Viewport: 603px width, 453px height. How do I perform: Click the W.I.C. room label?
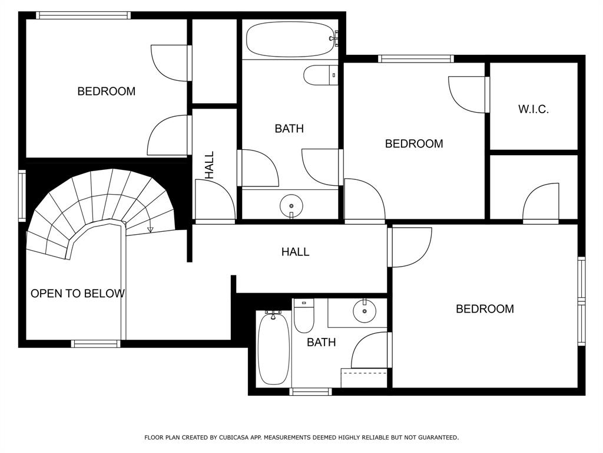[x=534, y=109]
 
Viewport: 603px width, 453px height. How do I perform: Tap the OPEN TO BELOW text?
[x=77, y=293]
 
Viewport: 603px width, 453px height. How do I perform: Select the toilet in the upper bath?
[x=319, y=75]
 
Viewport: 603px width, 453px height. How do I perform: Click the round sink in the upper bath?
[x=291, y=206]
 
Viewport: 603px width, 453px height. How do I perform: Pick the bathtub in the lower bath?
[x=273, y=349]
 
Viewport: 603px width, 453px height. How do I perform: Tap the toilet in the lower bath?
[x=304, y=318]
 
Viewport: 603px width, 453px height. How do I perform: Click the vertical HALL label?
[x=210, y=165]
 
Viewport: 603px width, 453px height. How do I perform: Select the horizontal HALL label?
[x=295, y=252]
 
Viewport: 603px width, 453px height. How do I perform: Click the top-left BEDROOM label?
[x=106, y=91]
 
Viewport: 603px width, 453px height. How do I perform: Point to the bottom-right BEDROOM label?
[x=485, y=309]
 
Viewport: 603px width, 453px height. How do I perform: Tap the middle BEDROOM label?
[x=413, y=143]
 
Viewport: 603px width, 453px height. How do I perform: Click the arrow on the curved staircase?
[x=150, y=229]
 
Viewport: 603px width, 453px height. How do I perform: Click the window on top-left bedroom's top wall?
[x=83, y=15]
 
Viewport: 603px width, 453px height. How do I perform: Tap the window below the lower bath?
[x=310, y=392]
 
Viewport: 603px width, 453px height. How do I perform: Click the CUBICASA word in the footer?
[x=233, y=438]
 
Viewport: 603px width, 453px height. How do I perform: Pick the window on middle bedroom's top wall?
[x=416, y=58]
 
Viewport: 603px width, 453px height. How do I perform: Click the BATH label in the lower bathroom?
[x=321, y=342]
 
